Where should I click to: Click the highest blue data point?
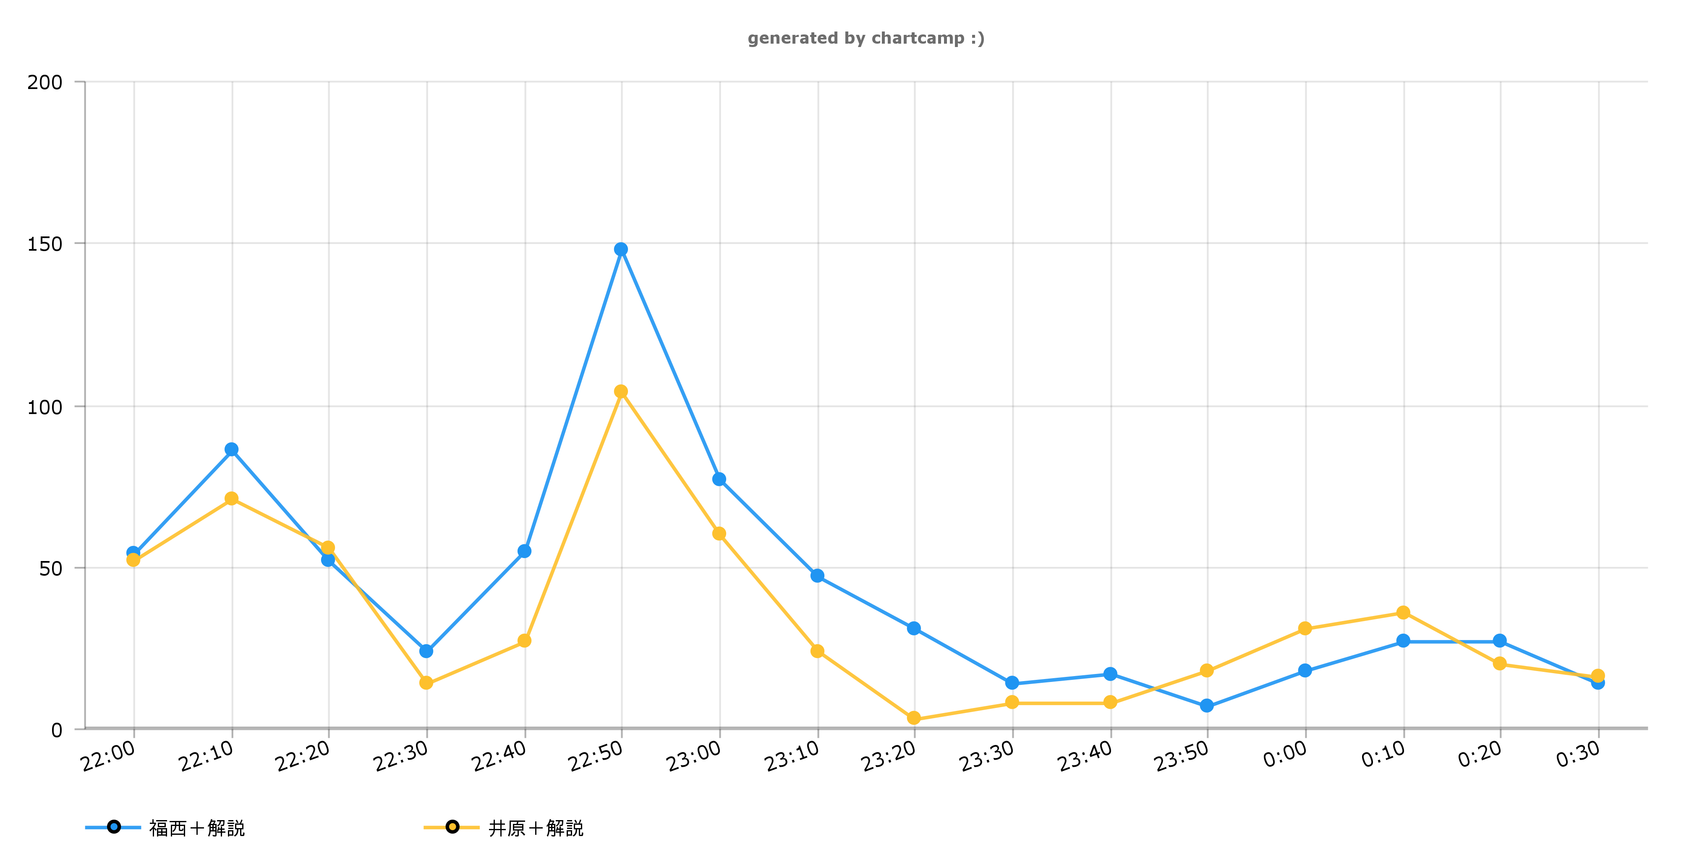click(621, 249)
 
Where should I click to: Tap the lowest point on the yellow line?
click(914, 718)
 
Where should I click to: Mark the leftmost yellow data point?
click(133, 560)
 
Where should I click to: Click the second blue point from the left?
click(231, 449)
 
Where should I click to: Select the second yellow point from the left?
click(231, 499)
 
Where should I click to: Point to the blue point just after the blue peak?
click(719, 480)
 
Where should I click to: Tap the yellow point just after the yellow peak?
click(719, 534)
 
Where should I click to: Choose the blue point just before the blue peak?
click(524, 551)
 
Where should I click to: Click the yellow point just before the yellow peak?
click(524, 640)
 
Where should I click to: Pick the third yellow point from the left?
click(328, 548)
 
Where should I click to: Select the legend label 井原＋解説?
click(536, 829)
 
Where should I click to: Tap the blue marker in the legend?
click(114, 827)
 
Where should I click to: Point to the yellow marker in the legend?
click(452, 827)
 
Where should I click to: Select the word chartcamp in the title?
click(918, 39)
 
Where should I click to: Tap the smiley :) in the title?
click(977, 39)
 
